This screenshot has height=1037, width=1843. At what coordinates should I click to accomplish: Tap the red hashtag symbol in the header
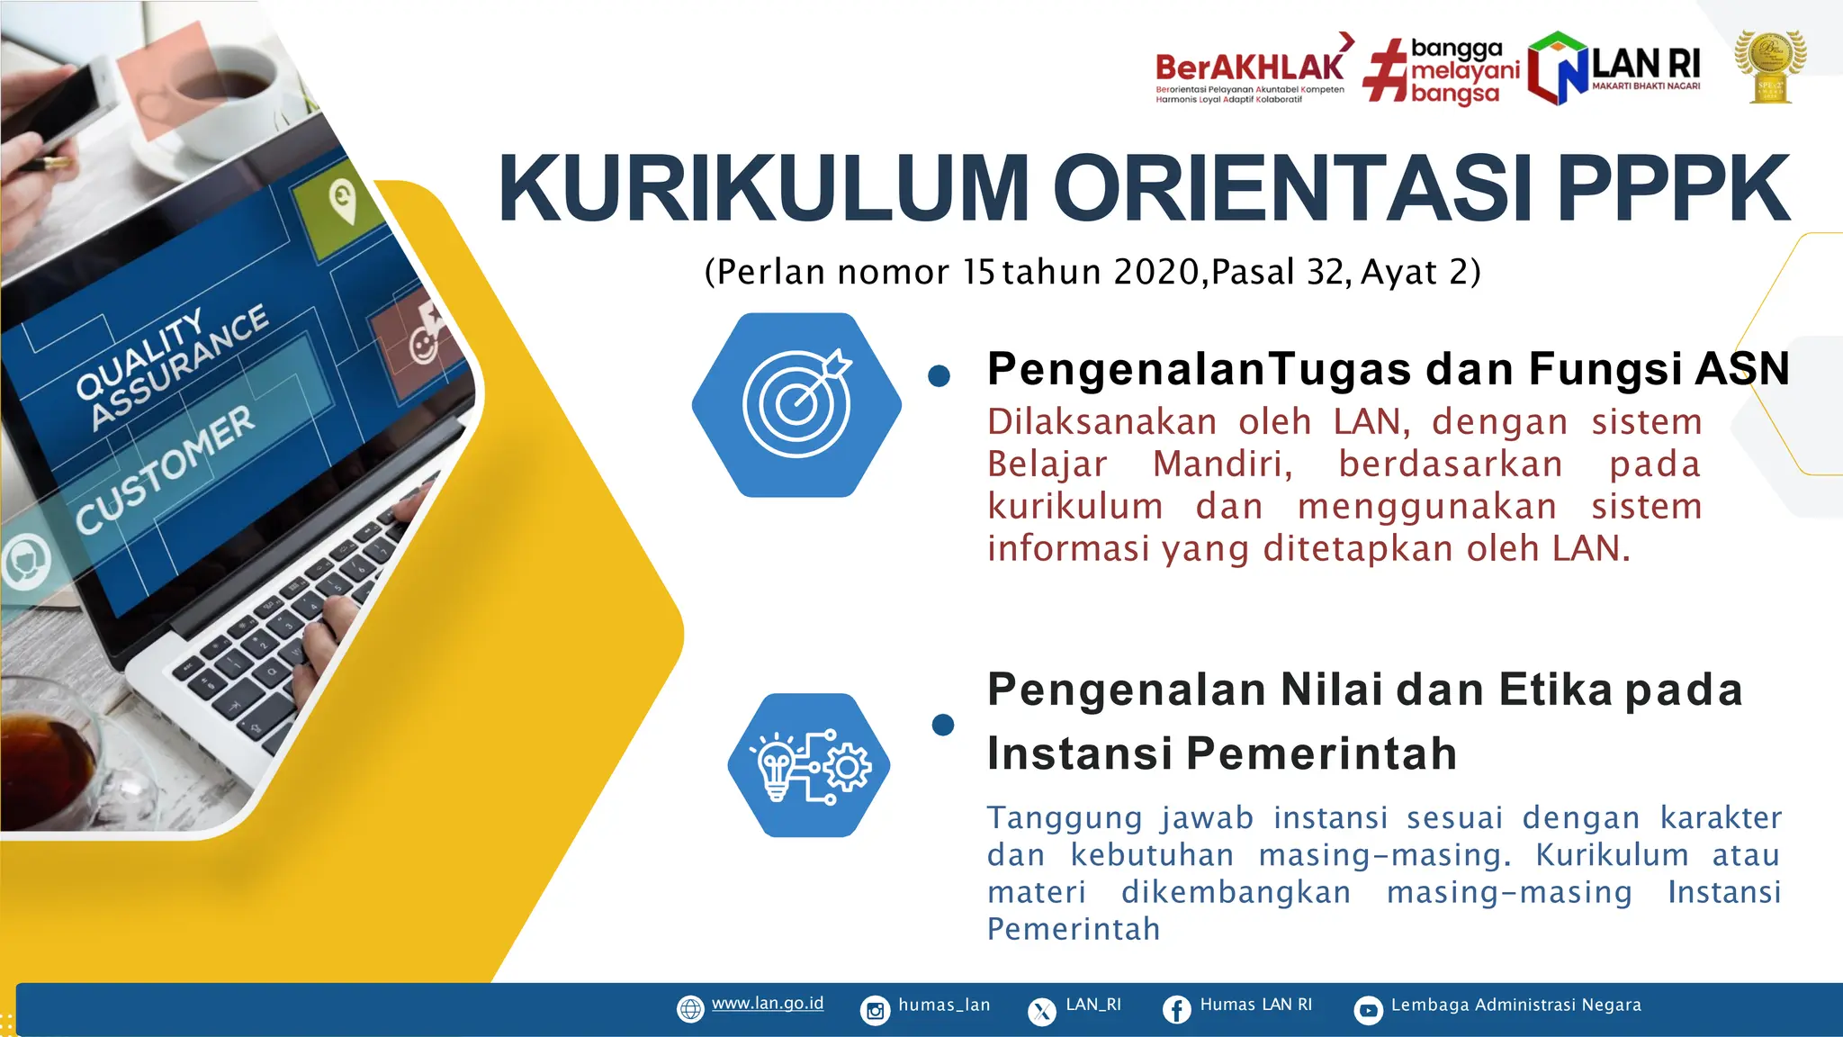coord(1385,70)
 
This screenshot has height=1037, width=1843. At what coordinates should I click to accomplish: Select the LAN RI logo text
coord(1645,65)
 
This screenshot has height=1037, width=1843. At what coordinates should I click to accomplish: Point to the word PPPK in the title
coord(1673,189)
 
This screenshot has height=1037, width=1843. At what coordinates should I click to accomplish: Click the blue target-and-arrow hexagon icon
coord(796,405)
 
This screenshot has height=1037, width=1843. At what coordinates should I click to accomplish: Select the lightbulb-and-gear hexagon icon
coord(809,765)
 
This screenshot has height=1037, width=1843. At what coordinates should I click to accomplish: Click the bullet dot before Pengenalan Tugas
coord(939,376)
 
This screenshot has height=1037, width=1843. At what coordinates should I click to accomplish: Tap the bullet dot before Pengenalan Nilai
coord(943,725)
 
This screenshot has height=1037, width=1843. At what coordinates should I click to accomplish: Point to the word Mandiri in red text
coord(1222,464)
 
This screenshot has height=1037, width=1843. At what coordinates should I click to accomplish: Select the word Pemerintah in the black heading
coord(1321,753)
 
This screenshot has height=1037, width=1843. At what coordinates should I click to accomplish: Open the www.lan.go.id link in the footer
coord(767,1004)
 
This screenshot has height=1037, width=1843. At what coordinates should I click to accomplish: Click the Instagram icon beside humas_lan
coord(875,1010)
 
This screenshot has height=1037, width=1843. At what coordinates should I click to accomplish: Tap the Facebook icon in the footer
coord(1176,1009)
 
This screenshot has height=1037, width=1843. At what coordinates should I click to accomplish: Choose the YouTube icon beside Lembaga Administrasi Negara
coord(1368,1010)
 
